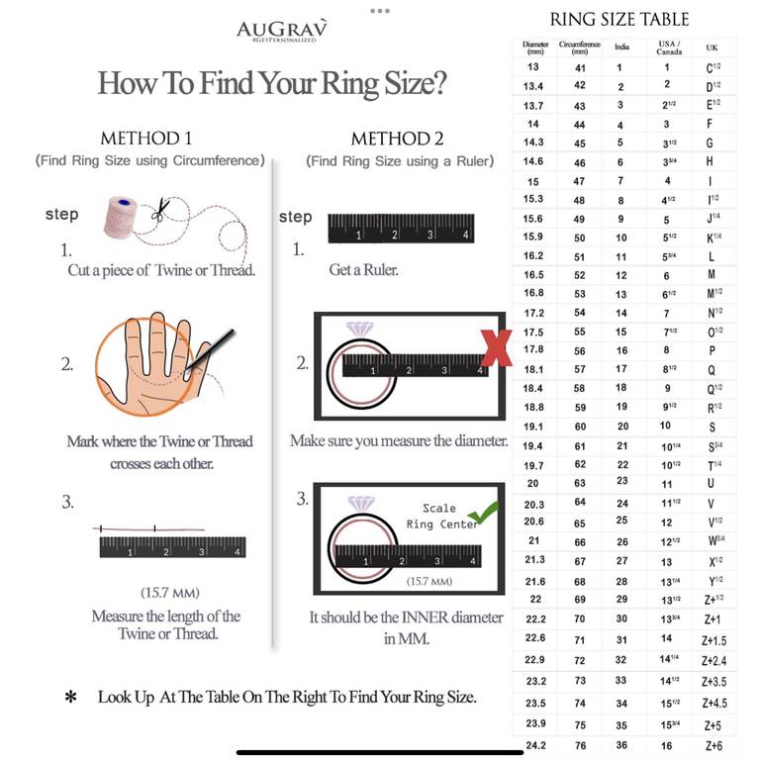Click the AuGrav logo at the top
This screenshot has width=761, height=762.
tap(282, 31)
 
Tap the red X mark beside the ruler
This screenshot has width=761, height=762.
tap(496, 348)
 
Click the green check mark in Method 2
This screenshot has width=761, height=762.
tap(483, 513)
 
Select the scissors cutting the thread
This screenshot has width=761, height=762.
tap(161, 210)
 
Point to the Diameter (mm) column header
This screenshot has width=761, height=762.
tap(535, 48)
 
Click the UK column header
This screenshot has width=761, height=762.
tap(712, 48)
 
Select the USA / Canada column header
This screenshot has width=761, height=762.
tap(669, 48)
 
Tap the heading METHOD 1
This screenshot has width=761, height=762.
tap(146, 139)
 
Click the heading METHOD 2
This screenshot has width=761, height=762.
tap(398, 139)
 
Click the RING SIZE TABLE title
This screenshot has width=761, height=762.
tap(619, 20)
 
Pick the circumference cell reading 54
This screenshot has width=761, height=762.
tap(580, 313)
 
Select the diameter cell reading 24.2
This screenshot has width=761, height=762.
tap(535, 745)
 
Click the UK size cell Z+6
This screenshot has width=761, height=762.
tap(713, 746)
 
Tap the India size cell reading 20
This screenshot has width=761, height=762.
tap(623, 427)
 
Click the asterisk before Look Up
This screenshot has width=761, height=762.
tap(71, 698)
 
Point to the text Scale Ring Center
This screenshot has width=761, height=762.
tap(441, 517)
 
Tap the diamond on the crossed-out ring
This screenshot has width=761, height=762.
tap(359, 330)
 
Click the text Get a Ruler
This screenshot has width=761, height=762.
tap(363, 270)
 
